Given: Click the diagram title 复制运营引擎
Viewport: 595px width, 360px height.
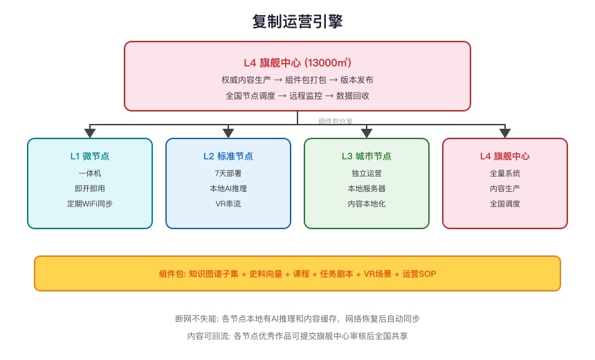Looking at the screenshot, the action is (297, 21).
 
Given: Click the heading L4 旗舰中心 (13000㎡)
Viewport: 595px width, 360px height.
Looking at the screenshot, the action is (297, 63).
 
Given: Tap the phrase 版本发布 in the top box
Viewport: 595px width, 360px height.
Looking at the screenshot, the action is (357, 80).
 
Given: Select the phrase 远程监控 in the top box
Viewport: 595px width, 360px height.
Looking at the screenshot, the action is (306, 96).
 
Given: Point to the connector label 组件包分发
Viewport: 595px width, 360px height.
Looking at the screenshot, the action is (336, 120).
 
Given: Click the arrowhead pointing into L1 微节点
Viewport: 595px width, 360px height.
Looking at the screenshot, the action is (90, 133).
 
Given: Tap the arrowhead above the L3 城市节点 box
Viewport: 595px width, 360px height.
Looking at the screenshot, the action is (367, 133).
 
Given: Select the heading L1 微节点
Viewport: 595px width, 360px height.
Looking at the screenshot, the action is (90, 156).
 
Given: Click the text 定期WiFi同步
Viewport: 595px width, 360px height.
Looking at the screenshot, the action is (90, 204).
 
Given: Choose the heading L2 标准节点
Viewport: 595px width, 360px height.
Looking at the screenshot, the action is (228, 156).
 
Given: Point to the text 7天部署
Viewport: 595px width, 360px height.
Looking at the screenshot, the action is (228, 173).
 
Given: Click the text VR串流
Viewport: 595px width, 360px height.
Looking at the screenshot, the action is (228, 204).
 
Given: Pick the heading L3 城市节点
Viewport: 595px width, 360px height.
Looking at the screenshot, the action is (367, 156).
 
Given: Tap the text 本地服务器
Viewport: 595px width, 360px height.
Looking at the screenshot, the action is (367, 188).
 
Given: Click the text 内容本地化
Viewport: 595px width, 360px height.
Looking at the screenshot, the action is (367, 204).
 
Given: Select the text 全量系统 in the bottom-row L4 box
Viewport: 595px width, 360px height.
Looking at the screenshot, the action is (505, 173).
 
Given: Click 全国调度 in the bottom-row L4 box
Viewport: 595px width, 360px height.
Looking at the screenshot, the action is (505, 204).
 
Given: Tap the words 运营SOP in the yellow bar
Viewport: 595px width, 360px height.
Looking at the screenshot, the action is (419, 273).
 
